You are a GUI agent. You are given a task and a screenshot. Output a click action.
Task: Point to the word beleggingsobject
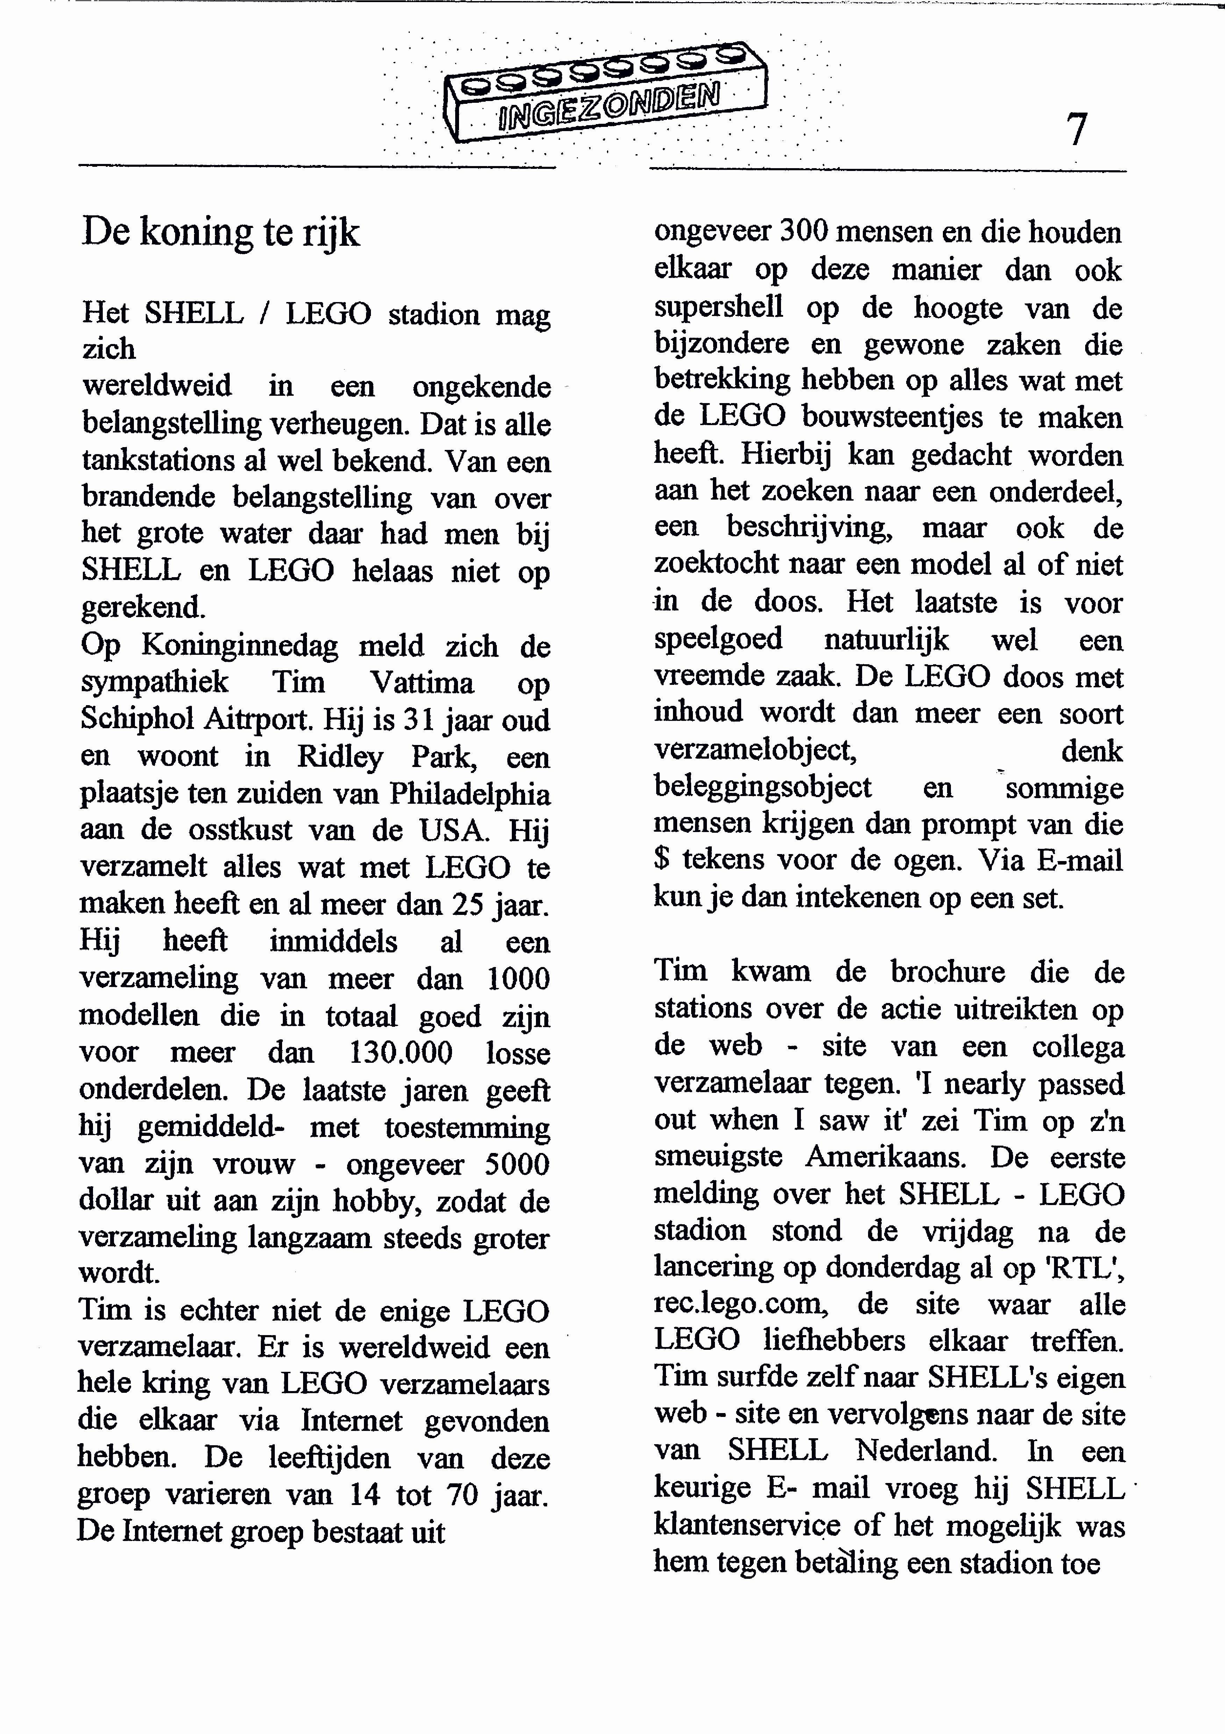click(x=763, y=787)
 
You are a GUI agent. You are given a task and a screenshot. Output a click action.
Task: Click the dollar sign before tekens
click(x=661, y=860)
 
